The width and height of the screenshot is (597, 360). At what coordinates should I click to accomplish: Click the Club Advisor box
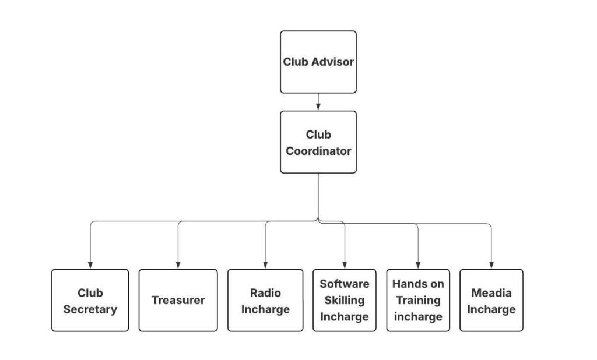(x=318, y=62)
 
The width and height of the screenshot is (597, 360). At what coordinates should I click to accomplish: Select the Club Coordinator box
(x=318, y=142)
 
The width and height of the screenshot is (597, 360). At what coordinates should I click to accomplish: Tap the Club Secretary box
(x=90, y=300)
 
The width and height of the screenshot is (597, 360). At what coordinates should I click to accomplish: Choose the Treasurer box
(x=178, y=300)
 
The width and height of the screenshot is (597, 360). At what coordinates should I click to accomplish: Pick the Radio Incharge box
(x=265, y=300)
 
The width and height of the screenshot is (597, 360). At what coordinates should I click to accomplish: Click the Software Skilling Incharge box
(x=345, y=300)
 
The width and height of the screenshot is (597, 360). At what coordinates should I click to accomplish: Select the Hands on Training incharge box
(x=418, y=300)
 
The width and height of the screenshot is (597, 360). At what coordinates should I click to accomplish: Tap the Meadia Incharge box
(x=491, y=300)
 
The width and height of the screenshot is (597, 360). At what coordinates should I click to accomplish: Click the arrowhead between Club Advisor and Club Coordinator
(x=318, y=107)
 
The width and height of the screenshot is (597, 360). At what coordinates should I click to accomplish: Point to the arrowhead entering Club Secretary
(x=90, y=265)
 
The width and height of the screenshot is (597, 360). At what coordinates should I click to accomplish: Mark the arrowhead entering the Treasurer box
(x=178, y=265)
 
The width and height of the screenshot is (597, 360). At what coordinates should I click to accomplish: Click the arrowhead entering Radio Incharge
(x=265, y=265)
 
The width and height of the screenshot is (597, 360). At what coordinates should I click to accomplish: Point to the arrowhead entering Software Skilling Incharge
(x=345, y=265)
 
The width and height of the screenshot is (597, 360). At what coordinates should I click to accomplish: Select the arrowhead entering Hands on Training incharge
(x=418, y=265)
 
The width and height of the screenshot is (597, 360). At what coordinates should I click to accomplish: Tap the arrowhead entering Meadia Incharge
(x=491, y=265)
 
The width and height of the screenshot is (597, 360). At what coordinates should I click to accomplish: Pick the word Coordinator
(x=318, y=151)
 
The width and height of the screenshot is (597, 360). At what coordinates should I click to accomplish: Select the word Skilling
(x=345, y=301)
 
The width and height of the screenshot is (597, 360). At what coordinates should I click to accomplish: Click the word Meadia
(x=491, y=292)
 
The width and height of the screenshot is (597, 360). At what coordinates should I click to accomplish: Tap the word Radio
(x=266, y=292)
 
